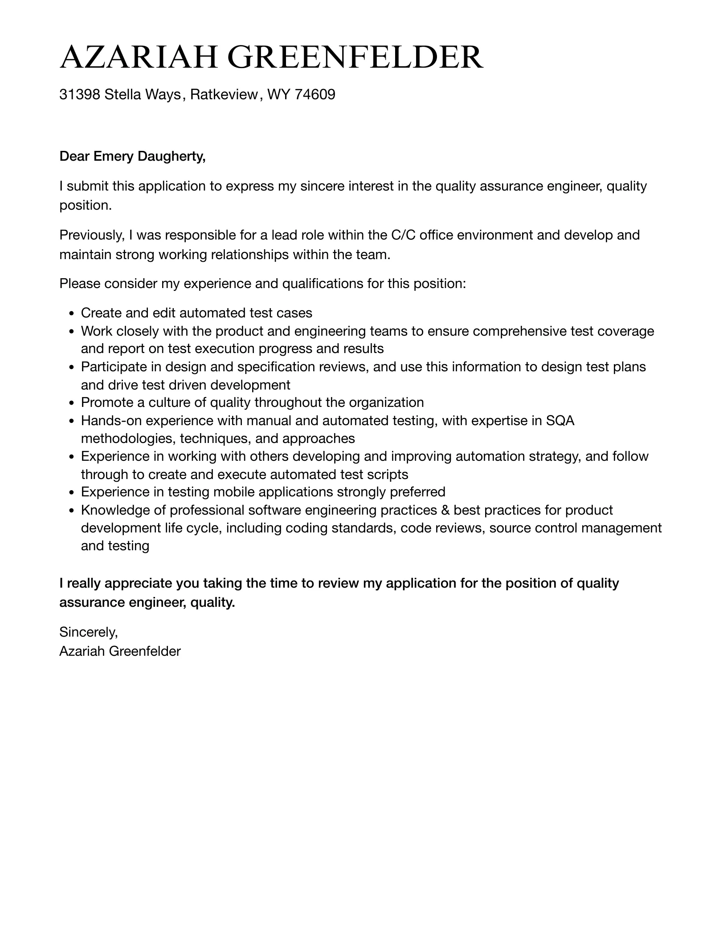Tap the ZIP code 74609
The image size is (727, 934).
pyautogui.click(x=315, y=94)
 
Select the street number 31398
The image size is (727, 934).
pyautogui.click(x=80, y=94)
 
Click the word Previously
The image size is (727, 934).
pyautogui.click(x=92, y=235)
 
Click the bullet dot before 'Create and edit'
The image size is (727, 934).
pyautogui.click(x=72, y=314)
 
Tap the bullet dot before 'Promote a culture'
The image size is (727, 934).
pyautogui.click(x=72, y=403)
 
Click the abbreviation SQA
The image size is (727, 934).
pyautogui.click(x=560, y=421)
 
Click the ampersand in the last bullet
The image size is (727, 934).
pyautogui.click(x=445, y=510)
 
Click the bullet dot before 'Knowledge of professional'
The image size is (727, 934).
pyautogui.click(x=72, y=511)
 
